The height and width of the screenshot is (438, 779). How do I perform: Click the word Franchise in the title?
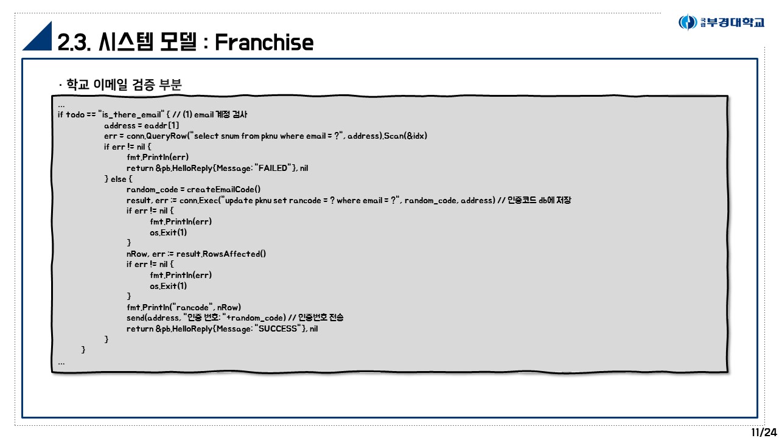tap(264, 42)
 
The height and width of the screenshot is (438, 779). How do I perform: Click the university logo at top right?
tap(721, 23)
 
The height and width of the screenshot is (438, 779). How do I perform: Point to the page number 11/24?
tap(764, 432)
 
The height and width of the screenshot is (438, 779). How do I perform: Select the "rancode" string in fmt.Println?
tap(193, 307)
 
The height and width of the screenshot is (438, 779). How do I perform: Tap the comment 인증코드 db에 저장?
tap(539, 200)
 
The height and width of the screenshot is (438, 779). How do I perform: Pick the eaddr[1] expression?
tap(162, 125)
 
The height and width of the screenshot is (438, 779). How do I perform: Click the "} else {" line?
tap(118, 179)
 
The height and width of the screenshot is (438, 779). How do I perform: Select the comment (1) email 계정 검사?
tap(215, 114)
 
